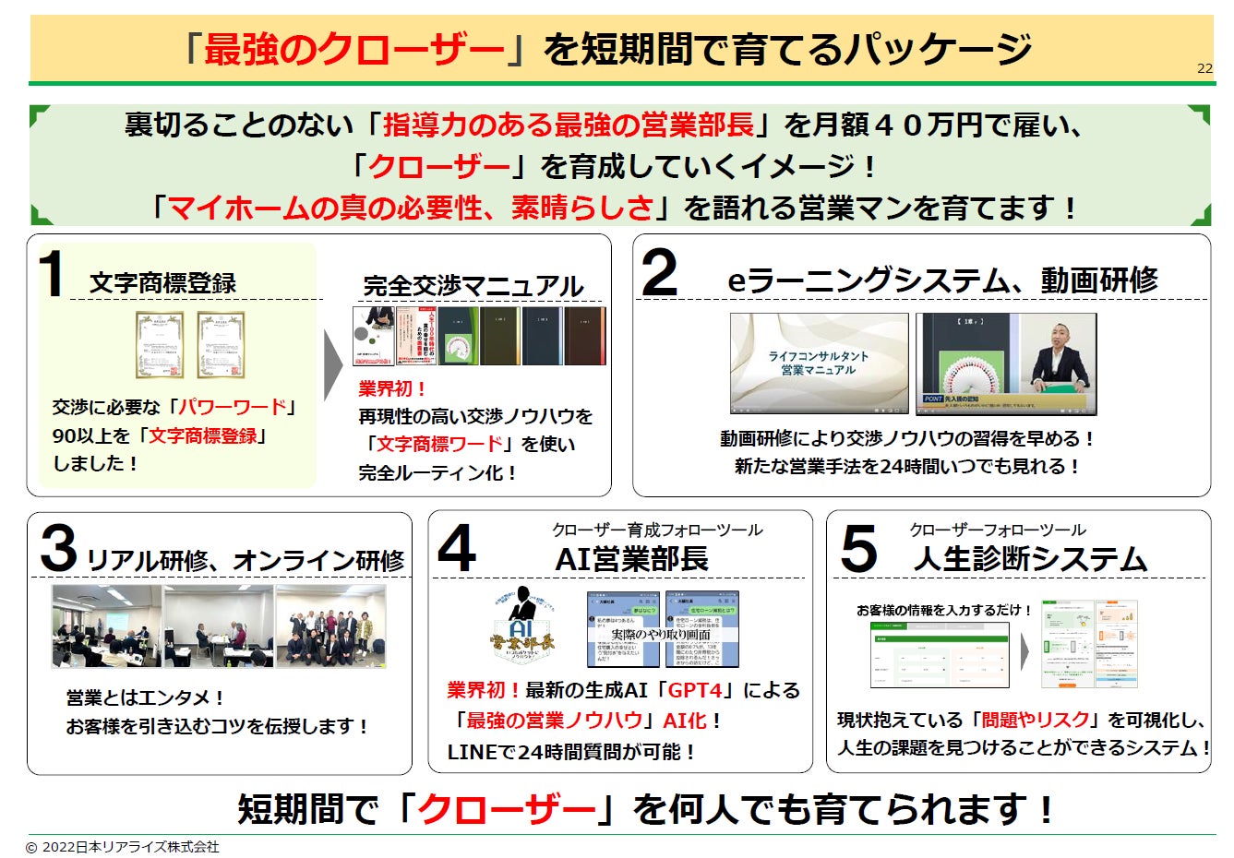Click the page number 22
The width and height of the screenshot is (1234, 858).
pyautogui.click(x=1204, y=68)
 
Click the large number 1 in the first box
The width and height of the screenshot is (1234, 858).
pyautogui.click(x=51, y=274)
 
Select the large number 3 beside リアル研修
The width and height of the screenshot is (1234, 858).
pyautogui.click(x=57, y=548)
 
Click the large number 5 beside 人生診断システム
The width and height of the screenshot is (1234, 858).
pyautogui.click(x=857, y=548)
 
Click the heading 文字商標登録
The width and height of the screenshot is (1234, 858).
pyautogui.click(x=162, y=283)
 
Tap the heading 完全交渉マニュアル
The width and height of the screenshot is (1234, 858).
pyautogui.click(x=473, y=286)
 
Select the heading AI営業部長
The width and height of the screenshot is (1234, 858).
pyautogui.click(x=631, y=559)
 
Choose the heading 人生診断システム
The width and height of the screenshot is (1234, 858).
pyautogui.click(x=1030, y=559)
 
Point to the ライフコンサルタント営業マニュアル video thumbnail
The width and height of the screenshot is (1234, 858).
pyautogui.click(x=819, y=363)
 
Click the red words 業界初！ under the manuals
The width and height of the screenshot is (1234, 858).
pyautogui.click(x=392, y=388)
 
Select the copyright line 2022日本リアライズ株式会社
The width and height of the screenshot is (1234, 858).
pyautogui.click(x=123, y=847)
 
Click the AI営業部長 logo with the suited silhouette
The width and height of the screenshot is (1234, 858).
pyautogui.click(x=523, y=626)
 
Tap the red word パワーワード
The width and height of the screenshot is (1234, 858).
pyautogui.click(x=232, y=407)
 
